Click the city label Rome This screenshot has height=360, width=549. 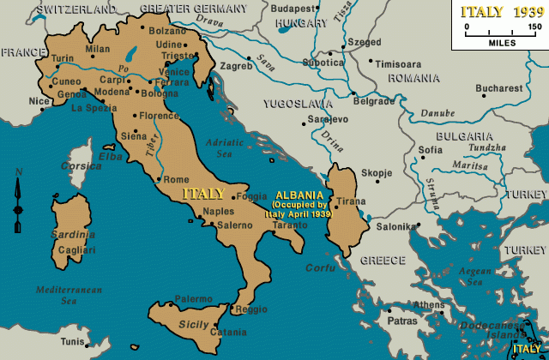[175, 180]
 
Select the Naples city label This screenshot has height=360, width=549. [219, 211]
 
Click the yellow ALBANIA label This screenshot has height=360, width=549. [297, 195]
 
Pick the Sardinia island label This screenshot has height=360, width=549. [72, 234]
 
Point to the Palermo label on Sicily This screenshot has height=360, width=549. [193, 299]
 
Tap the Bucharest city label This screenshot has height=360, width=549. [500, 88]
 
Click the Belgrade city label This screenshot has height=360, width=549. [374, 100]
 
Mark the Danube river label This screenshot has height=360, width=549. [438, 113]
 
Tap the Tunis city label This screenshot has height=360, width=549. [73, 341]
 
